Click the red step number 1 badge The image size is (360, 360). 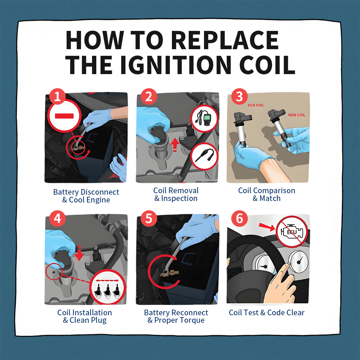pos(57,97)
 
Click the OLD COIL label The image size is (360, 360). pos(256,105)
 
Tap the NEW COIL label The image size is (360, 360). pos(297,115)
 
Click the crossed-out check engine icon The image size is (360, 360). pos(292,232)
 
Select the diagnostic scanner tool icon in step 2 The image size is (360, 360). pos(205,118)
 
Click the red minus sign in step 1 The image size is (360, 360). pos(64,116)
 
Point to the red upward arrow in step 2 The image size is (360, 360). pos(175,145)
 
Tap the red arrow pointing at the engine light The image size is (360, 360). pos(267,227)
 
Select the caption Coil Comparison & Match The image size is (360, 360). pos(267,194)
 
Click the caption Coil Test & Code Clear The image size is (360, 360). pos(267,313)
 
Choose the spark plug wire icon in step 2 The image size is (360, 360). pos(205,156)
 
